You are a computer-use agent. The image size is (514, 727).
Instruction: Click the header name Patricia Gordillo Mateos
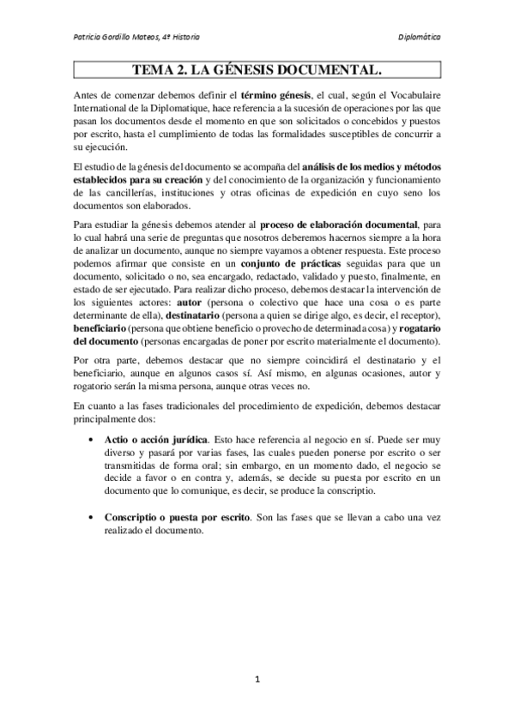pos(118,38)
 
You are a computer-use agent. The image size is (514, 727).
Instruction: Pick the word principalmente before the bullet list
pos(105,421)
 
